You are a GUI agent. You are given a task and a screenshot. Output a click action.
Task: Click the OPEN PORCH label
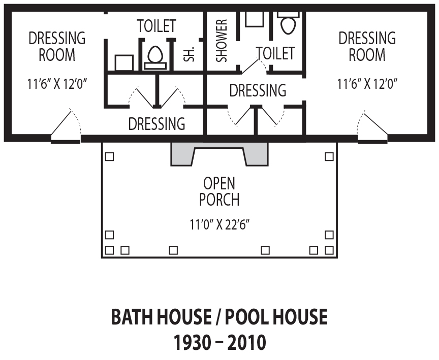(219, 191)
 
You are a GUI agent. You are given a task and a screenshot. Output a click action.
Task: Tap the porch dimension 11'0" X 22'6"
(219, 224)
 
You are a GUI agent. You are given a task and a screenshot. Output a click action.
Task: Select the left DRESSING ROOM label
(57, 46)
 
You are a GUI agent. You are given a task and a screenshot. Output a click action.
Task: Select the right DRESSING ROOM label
(367, 46)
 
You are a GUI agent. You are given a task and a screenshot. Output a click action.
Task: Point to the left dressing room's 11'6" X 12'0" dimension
(57, 84)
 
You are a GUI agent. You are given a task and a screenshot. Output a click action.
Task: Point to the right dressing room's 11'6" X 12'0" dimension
(367, 84)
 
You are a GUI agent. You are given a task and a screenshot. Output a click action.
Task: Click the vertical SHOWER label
(222, 41)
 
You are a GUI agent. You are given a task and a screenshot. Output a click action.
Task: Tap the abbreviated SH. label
(189, 54)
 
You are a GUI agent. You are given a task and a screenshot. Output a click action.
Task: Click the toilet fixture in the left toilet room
(155, 57)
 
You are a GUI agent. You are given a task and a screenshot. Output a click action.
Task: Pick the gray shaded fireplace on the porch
(219, 154)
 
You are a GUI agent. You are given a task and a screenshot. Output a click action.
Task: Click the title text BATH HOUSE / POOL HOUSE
(219, 317)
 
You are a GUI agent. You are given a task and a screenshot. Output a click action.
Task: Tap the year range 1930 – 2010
(219, 342)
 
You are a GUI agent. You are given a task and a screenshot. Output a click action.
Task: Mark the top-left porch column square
(109, 157)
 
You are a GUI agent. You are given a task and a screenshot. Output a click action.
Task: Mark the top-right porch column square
(329, 157)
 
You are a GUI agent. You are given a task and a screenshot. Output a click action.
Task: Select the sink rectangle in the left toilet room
(124, 62)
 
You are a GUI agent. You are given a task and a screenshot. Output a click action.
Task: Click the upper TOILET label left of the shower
(156, 26)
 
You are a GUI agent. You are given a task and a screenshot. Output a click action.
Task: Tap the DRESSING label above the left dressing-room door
(157, 123)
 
